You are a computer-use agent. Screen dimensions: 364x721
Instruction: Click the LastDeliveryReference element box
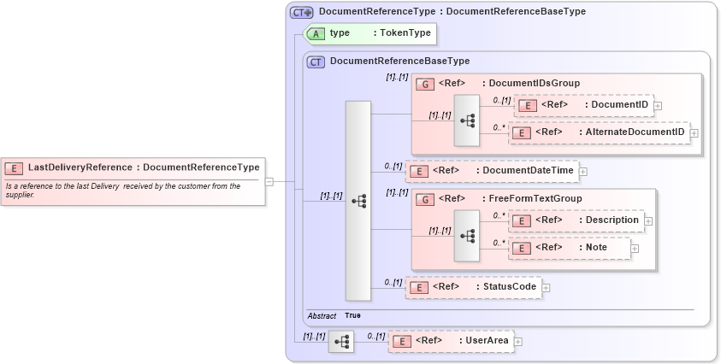[x=132, y=167]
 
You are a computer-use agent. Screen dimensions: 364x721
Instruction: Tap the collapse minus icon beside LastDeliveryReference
[x=269, y=181]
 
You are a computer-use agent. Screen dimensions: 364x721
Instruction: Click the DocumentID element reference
[x=583, y=105]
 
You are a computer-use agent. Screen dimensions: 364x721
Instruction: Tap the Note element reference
[x=570, y=248]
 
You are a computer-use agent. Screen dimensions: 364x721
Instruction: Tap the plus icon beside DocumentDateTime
[x=582, y=172]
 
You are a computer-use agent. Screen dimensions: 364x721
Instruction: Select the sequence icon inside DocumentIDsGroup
[x=467, y=121]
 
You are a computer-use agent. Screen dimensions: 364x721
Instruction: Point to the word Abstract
[x=322, y=315]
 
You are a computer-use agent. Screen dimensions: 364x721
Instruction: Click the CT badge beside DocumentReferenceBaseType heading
[x=316, y=62]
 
